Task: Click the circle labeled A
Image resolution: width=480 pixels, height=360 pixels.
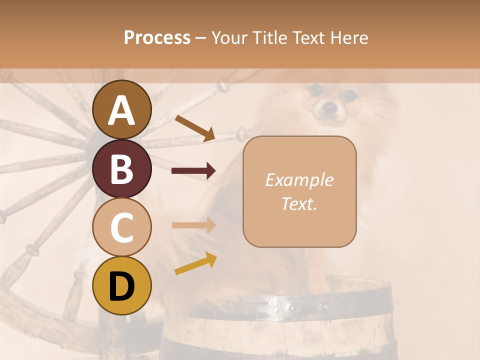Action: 121,109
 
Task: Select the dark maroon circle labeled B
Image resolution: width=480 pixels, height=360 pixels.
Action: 121,168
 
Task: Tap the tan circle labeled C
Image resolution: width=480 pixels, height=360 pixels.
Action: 121,227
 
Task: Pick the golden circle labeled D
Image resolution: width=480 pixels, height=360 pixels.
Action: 121,286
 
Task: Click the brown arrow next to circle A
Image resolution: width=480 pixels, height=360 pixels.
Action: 195,127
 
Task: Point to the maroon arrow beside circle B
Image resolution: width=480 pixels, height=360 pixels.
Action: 193,171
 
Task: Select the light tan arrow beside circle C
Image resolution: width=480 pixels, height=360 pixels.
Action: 193,225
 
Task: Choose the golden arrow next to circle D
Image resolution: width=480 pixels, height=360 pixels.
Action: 195,263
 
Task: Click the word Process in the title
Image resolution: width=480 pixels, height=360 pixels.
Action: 157,37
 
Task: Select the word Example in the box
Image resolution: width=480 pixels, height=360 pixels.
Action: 299,180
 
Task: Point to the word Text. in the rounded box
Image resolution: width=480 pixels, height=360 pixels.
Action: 299,204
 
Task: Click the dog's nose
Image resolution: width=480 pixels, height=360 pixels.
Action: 329,107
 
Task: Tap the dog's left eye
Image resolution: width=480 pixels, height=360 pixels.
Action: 315,90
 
